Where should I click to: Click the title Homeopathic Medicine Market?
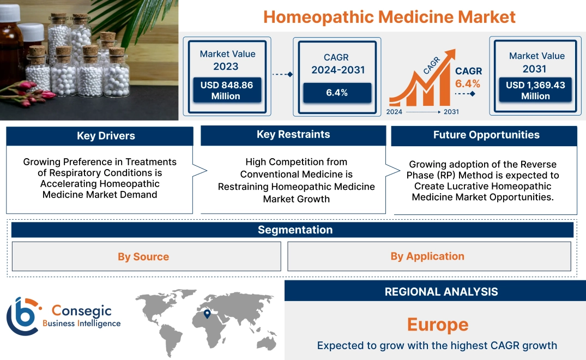389,16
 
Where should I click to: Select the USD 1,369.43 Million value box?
535,91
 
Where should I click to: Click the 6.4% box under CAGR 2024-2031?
337,93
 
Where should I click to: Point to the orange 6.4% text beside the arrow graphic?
468,83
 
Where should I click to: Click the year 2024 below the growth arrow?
395,112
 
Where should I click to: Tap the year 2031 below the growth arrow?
451,112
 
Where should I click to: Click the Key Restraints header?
293,135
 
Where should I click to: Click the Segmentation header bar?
295,230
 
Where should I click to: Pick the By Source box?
143,256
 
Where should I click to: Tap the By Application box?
427,256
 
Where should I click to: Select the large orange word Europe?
438,325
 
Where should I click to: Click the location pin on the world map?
207,314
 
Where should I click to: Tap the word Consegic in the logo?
81,311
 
